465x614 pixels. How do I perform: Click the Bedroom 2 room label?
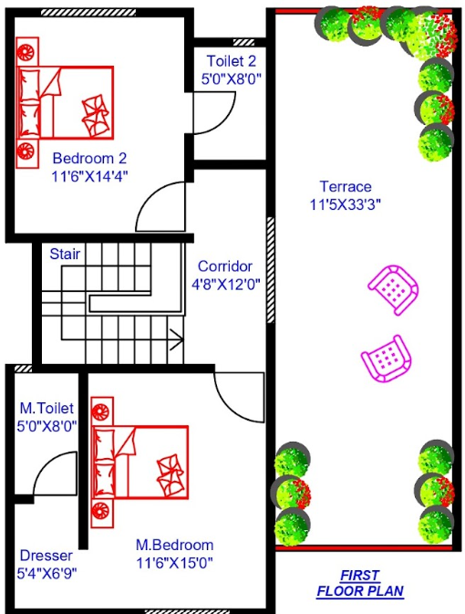(88, 157)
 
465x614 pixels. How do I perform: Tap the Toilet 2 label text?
(232, 62)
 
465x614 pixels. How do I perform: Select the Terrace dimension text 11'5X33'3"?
(345, 204)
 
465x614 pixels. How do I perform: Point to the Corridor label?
(225, 266)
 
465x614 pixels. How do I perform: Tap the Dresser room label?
(46, 556)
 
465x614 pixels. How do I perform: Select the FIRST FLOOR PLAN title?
(359, 583)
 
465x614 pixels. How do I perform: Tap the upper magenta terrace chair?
(394, 289)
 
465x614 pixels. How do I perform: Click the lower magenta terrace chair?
(385, 358)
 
